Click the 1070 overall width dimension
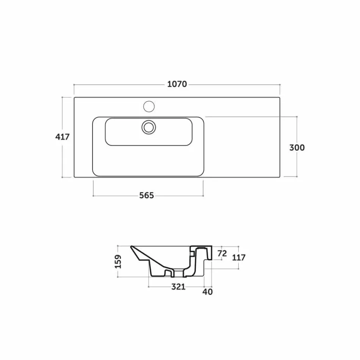pos(177,84)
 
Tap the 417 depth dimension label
pos(62,137)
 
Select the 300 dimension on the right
pos(297,148)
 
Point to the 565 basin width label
pos(147,196)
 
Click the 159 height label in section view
pos(118,261)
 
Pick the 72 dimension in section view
pos(222,254)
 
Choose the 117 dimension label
pos(239,257)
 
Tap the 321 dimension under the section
pos(178,286)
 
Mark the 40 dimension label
pos(208,292)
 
